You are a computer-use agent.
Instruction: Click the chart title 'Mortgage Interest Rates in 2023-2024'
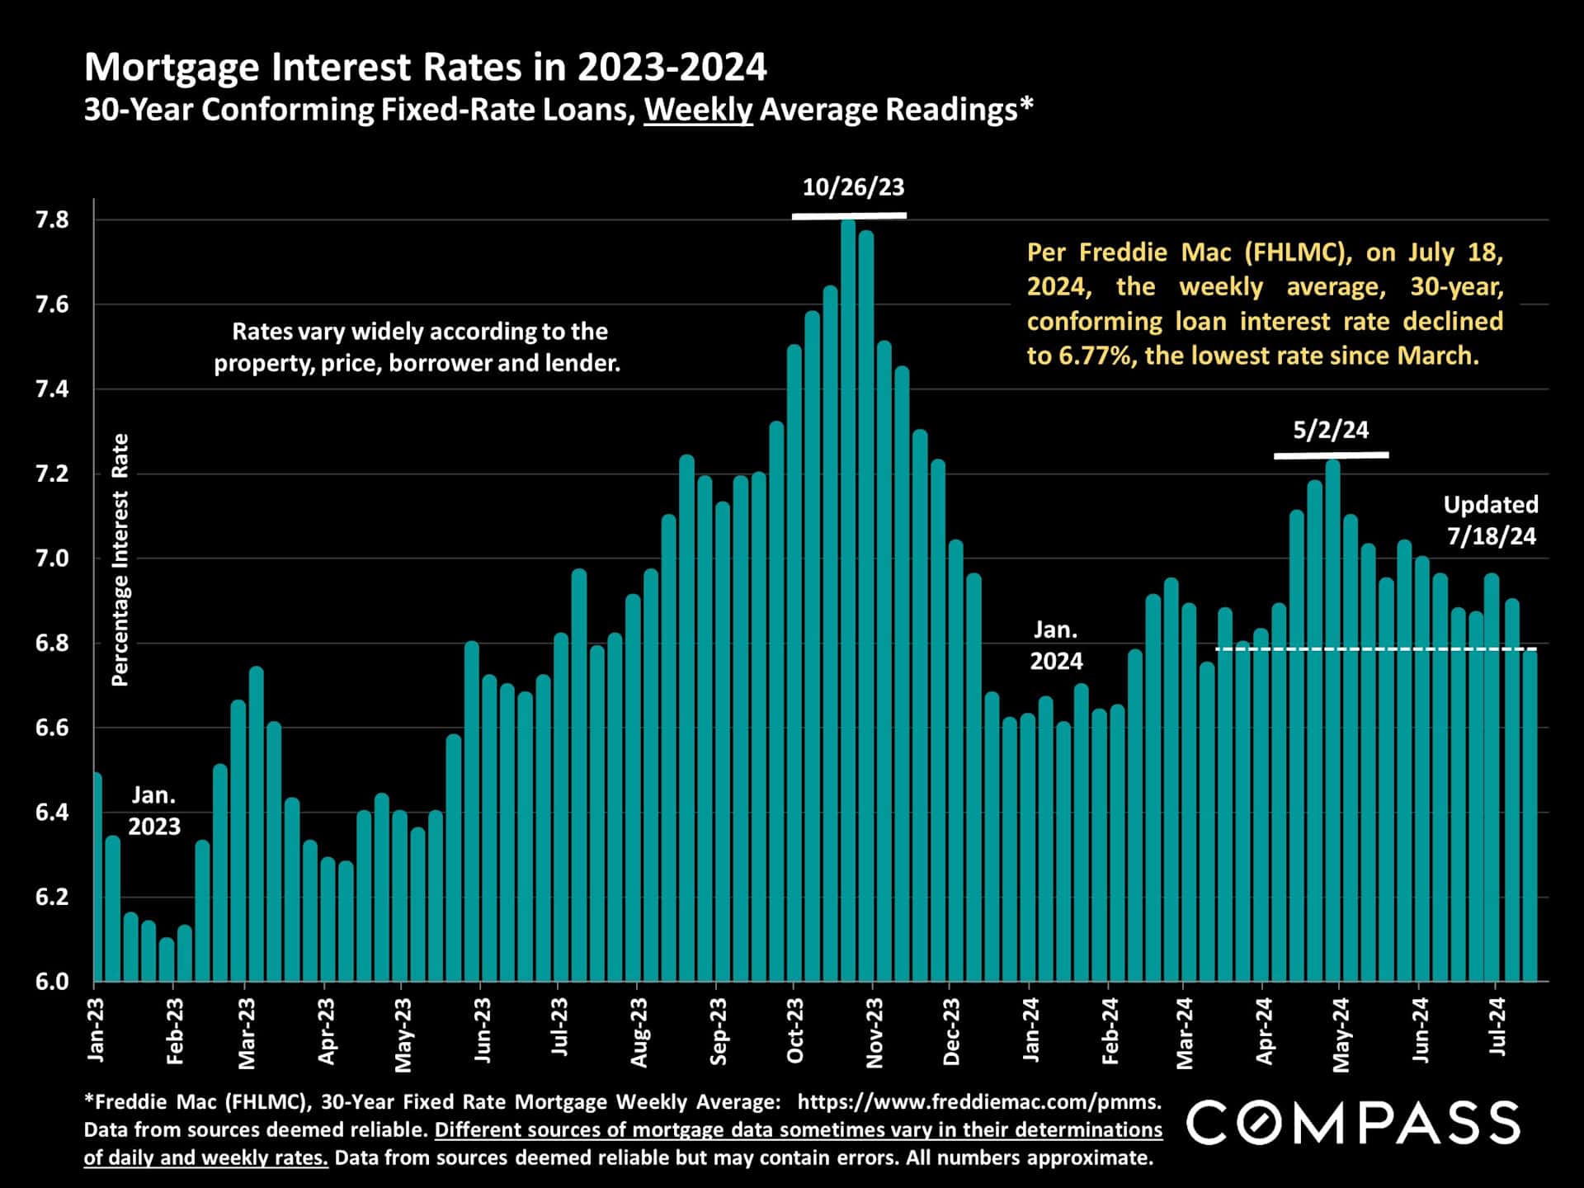tap(425, 68)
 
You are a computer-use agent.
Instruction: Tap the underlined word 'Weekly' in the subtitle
tap(698, 110)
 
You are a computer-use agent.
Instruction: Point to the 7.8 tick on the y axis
tap(52, 220)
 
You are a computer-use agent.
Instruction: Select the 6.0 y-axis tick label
tap(52, 982)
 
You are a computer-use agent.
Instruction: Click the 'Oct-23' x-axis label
tap(794, 1031)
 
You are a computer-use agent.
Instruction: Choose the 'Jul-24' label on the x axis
tap(1497, 1027)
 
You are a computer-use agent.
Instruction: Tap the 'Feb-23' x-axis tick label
tap(175, 1031)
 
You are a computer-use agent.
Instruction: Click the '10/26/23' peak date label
tap(853, 187)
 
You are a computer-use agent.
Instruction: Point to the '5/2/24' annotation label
tap(1330, 430)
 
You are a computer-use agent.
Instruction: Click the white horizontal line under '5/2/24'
tap(1331, 455)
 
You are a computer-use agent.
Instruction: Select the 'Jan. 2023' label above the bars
tap(153, 811)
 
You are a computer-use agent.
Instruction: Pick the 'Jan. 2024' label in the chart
tap(1056, 645)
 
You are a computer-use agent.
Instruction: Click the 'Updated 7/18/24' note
tap(1491, 520)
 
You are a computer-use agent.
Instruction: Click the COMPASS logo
tap(1353, 1123)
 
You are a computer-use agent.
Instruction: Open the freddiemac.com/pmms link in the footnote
tap(979, 1101)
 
